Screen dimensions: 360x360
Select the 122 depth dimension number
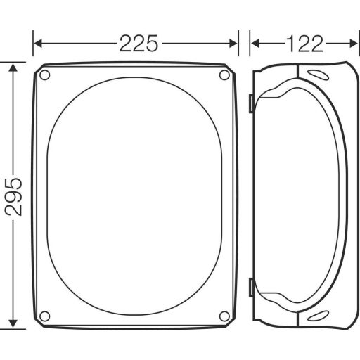(304, 44)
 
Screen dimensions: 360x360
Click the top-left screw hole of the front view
(45, 75)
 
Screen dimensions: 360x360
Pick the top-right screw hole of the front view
(224, 75)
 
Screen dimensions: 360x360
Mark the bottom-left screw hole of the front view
(45, 315)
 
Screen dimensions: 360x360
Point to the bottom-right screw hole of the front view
(224, 315)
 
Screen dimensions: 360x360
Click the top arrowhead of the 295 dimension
(13, 68)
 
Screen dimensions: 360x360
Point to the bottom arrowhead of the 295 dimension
(13, 323)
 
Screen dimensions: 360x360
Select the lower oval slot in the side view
(316, 314)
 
